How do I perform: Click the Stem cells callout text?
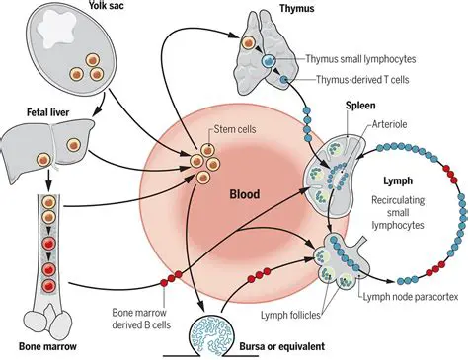click(x=236, y=130)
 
